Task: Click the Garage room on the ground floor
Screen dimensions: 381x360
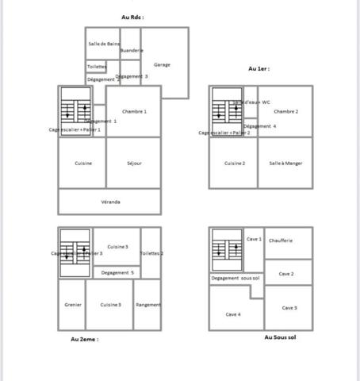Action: [x=162, y=64]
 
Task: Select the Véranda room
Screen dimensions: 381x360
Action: [x=110, y=202]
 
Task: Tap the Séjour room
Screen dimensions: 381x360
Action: [x=134, y=164]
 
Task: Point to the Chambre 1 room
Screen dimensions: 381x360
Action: [x=134, y=112]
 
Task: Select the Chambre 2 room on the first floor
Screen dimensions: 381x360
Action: [x=285, y=112]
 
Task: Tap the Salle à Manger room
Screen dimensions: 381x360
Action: [x=285, y=163]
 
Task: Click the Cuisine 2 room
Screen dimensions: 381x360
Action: [x=234, y=163]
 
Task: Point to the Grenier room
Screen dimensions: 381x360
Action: [x=72, y=305]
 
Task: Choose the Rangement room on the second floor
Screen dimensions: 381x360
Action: [x=148, y=305]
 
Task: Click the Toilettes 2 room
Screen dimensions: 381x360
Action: [x=151, y=253]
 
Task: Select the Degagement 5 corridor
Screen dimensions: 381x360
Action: [x=117, y=272]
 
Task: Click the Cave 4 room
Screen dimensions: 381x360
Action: [x=232, y=314]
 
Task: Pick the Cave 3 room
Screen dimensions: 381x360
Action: [x=289, y=308]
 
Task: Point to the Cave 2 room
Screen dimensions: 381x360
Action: [x=285, y=273]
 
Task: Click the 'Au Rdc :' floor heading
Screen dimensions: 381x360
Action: [x=132, y=17]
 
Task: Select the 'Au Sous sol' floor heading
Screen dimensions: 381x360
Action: [x=281, y=337]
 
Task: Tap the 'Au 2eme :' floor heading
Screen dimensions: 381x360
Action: [x=85, y=339]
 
